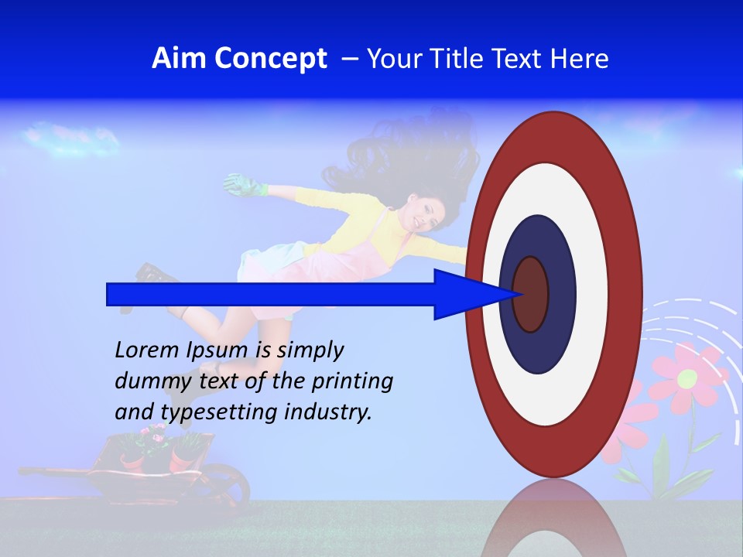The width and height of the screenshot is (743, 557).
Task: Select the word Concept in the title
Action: [x=271, y=59]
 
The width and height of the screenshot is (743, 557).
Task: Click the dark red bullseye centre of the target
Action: [x=530, y=294]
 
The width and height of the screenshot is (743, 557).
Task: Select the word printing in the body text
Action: [x=352, y=382]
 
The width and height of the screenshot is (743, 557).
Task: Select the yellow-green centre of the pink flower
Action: [x=687, y=379]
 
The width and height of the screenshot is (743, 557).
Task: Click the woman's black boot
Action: [x=150, y=274]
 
